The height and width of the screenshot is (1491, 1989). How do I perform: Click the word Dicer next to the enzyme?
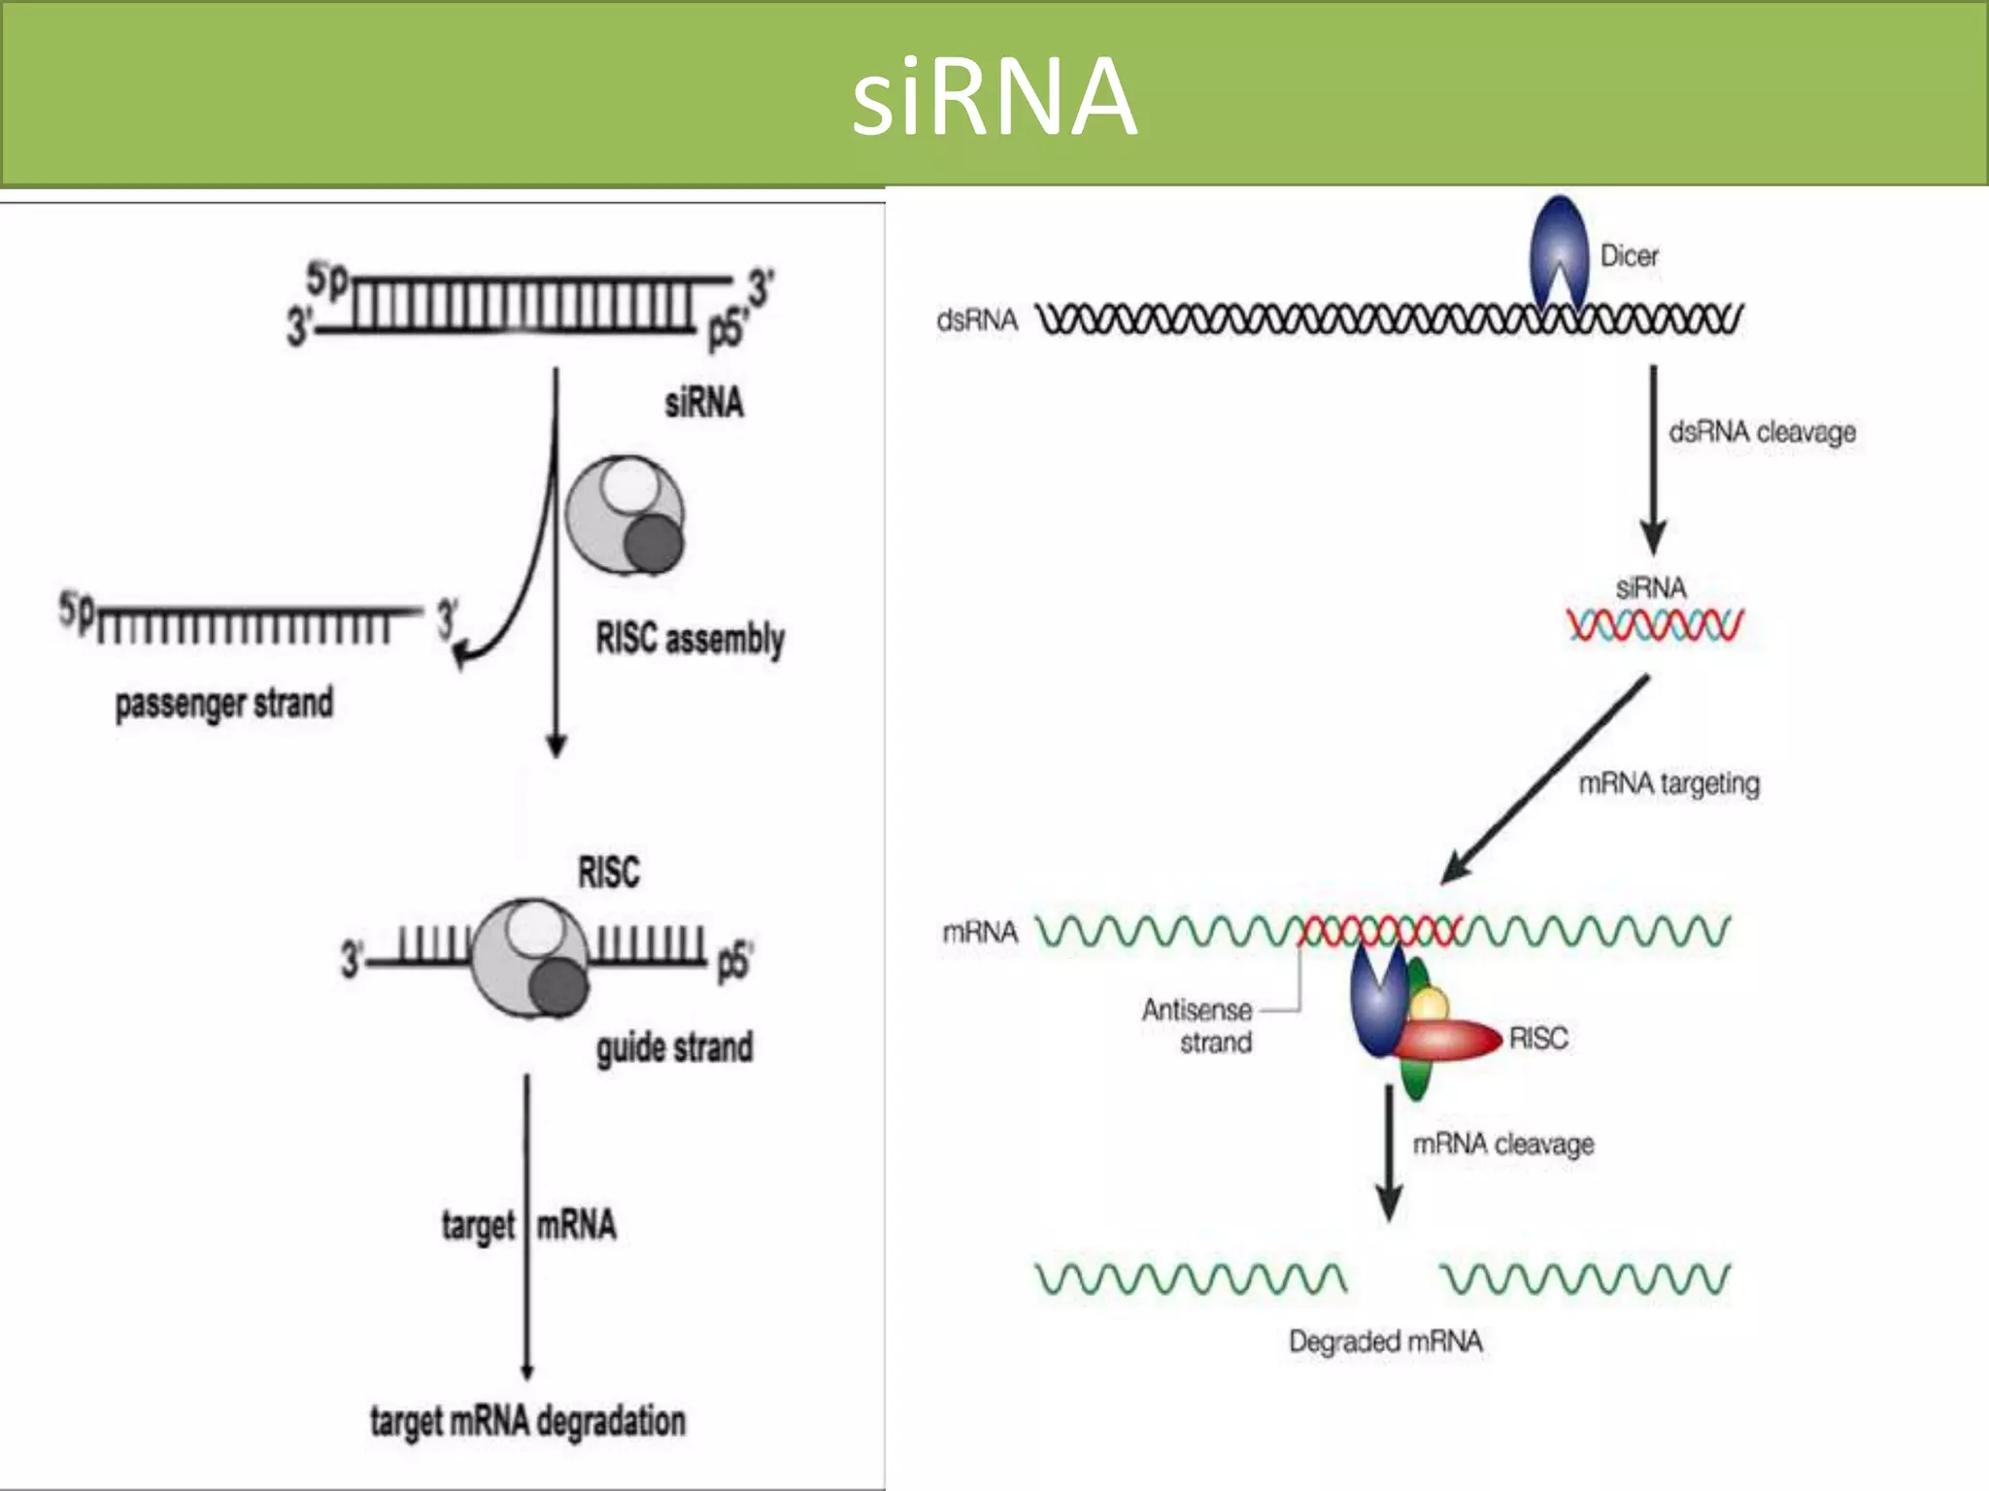[x=1629, y=256]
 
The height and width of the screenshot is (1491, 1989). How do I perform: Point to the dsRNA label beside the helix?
[x=976, y=320]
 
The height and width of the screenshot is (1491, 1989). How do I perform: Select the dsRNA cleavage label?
[x=1762, y=432]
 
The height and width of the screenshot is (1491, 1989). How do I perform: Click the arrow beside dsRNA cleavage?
[x=1653, y=456]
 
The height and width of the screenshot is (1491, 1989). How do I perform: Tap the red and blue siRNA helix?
[x=1655, y=625]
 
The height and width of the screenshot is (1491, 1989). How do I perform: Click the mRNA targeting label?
[x=1669, y=783]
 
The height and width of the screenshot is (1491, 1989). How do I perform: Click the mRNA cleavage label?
[x=1502, y=1144]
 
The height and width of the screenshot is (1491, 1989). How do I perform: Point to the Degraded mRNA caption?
[x=1385, y=1342]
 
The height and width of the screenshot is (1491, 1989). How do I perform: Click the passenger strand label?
[x=223, y=704]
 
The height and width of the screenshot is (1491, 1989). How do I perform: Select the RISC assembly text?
[x=690, y=639]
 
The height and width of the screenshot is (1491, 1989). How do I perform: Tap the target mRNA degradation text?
[x=527, y=1421]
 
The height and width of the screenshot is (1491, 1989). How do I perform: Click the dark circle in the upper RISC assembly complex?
[x=654, y=544]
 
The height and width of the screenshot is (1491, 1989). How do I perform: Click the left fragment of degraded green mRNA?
[x=1191, y=1279]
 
